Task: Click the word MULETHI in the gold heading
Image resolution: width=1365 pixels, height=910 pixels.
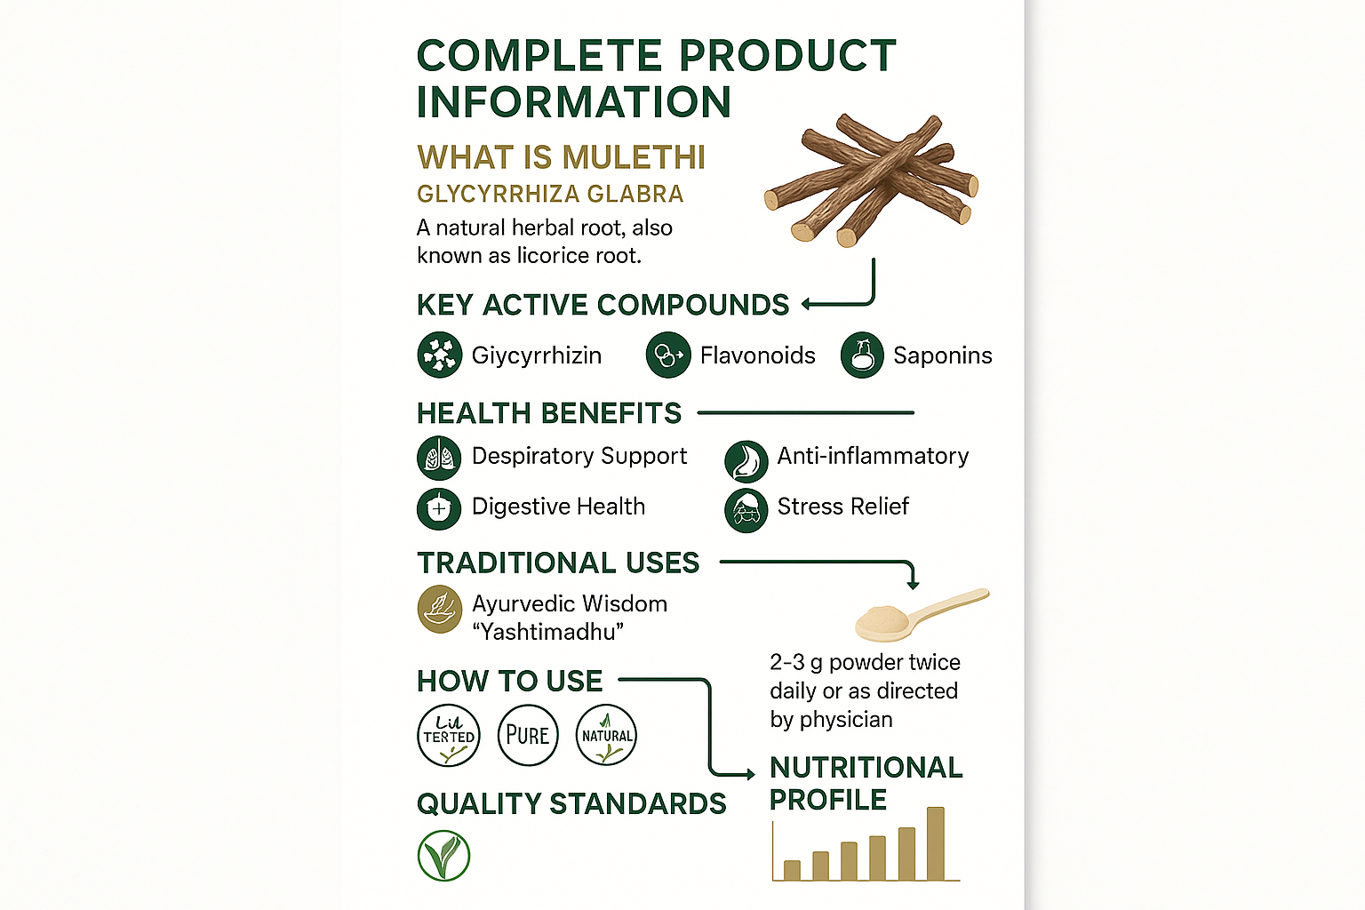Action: click(634, 157)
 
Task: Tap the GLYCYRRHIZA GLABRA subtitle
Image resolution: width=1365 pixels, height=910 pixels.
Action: click(550, 194)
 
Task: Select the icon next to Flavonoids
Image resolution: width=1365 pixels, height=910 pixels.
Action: click(668, 355)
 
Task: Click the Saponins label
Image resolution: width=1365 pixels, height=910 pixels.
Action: click(942, 355)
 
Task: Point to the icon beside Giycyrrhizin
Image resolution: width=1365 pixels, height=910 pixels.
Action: click(439, 355)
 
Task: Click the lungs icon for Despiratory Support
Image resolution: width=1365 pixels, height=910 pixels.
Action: click(439, 458)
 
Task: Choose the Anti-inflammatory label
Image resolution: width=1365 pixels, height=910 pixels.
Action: click(873, 456)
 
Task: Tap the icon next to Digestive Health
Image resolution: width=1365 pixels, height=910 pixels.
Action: click(439, 508)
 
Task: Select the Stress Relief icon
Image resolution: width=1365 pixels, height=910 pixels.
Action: click(746, 511)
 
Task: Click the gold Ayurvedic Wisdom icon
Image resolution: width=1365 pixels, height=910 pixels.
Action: click(440, 609)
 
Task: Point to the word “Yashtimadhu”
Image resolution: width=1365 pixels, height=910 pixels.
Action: click(547, 632)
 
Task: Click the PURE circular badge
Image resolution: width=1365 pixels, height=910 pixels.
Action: click(528, 735)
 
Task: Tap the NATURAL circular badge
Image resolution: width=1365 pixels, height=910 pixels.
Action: click(606, 735)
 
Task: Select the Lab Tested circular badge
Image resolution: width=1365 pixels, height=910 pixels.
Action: click(449, 735)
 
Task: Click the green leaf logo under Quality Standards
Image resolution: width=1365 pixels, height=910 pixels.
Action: click(443, 856)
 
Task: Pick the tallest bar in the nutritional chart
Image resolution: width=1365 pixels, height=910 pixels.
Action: click(935, 843)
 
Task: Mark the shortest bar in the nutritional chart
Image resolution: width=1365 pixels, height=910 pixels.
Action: click(792, 870)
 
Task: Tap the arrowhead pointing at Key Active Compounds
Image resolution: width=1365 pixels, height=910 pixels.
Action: click(807, 304)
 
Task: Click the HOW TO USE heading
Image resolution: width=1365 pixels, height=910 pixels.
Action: click(509, 681)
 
